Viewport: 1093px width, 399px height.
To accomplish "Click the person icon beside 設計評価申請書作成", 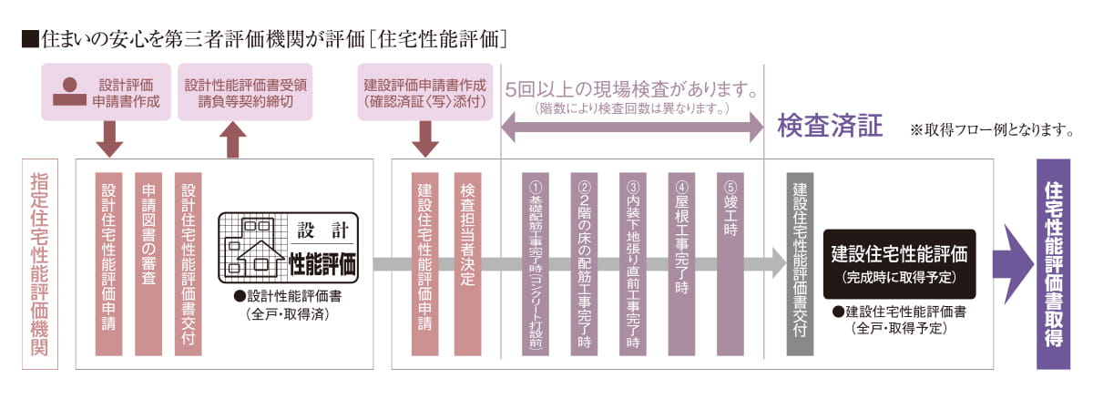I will coord(69,93).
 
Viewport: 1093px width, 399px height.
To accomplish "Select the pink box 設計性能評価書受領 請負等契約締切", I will coord(245,92).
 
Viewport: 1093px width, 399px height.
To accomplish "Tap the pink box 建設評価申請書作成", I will coord(424,92).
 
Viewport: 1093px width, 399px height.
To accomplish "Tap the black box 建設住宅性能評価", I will coord(899,264).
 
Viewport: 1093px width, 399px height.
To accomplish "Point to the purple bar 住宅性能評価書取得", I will coord(1053,264).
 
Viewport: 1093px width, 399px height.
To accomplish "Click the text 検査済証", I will coord(830,126).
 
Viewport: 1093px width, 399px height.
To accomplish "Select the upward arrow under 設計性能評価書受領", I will coord(233,140).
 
